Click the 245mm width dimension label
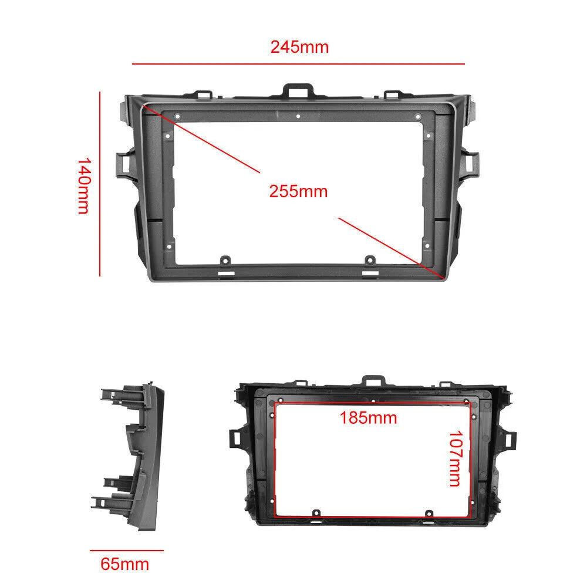(299, 47)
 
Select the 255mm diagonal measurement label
(298, 191)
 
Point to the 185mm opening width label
(369, 418)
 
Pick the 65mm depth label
(124, 565)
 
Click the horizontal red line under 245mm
(298, 63)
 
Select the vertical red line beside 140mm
(100, 183)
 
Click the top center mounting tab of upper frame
(298, 90)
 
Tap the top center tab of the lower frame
(371, 380)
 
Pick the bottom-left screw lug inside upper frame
(225, 259)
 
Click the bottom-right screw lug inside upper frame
(370, 259)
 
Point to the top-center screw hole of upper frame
(298, 116)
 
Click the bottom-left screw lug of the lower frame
(315, 513)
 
